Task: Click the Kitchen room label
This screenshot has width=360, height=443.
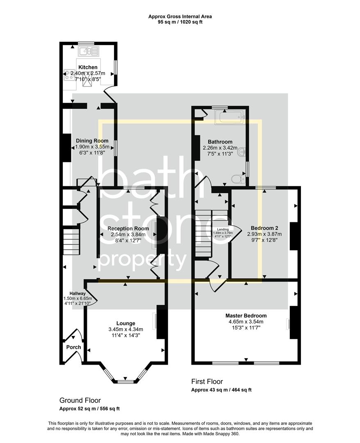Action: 88,67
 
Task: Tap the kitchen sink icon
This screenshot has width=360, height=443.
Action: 89,51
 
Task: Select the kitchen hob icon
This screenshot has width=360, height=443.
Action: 68,75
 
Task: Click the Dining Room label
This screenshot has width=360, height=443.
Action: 92,141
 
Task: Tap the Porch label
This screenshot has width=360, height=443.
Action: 73,347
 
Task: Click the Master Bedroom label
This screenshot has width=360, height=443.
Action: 246,315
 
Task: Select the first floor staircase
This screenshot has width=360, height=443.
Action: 203,232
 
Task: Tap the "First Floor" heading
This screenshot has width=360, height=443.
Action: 207,381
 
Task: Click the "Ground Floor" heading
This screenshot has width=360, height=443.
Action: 80,400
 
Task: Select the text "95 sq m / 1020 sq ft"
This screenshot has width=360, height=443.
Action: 180,22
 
